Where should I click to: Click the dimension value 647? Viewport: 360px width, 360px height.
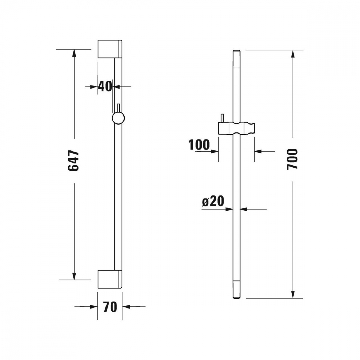tap(73, 161)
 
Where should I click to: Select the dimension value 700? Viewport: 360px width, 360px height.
tap(292, 159)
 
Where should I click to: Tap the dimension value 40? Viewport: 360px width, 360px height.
tap(105, 86)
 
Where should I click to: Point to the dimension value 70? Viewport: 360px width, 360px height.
tap(110, 307)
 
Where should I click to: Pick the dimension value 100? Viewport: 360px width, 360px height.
tap(199, 145)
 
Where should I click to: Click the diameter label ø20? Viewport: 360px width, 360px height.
tap(213, 201)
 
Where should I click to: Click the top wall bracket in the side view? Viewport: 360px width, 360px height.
tap(110, 49)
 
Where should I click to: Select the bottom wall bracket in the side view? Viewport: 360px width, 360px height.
tap(110, 279)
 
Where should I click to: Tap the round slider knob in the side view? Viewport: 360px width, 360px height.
tap(118, 118)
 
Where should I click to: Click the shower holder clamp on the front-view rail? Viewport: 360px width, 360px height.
tap(237, 128)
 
